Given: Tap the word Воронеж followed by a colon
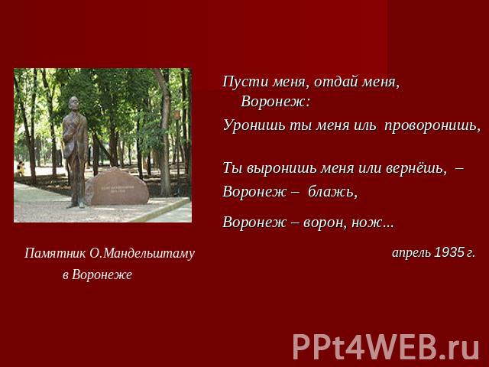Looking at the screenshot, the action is pos(276,102).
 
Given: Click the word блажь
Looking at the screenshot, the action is pos(332,192).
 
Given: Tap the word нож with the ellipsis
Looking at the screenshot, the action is pos(373,222).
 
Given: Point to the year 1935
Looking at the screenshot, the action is pos(449,252).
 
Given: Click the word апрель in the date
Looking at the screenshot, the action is pos(411,253).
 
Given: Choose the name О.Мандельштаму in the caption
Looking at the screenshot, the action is pos(142,253).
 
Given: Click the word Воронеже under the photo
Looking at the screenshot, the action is pos(102,274).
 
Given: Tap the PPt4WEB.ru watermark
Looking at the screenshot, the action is pos(386,346).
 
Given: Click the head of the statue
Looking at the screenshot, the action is pos(73,104).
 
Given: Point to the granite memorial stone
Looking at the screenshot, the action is pos(117,187).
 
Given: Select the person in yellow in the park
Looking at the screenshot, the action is pos(21,168).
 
